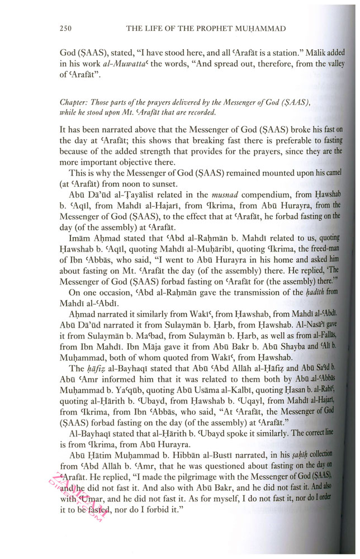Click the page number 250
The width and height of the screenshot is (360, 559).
coord(67,29)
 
